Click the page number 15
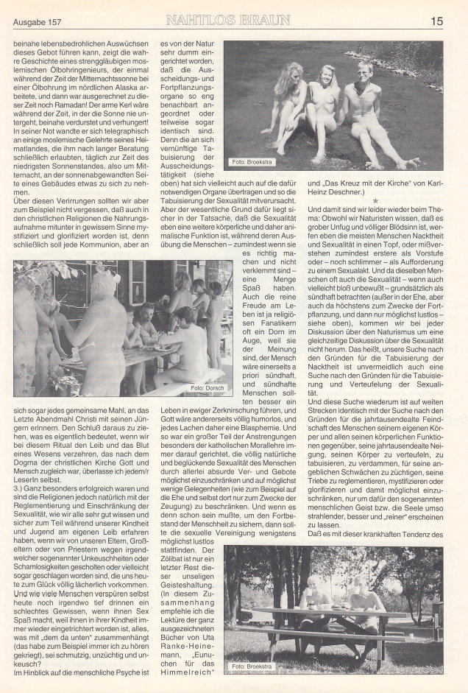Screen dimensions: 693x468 (x=437, y=21)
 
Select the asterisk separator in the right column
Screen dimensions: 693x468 (x=375, y=201)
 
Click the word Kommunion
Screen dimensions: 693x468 (x=104, y=245)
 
